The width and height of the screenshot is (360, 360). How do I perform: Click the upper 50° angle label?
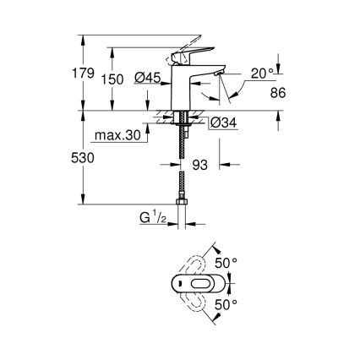(227, 263)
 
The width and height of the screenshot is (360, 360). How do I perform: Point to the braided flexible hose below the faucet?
(183, 169)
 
